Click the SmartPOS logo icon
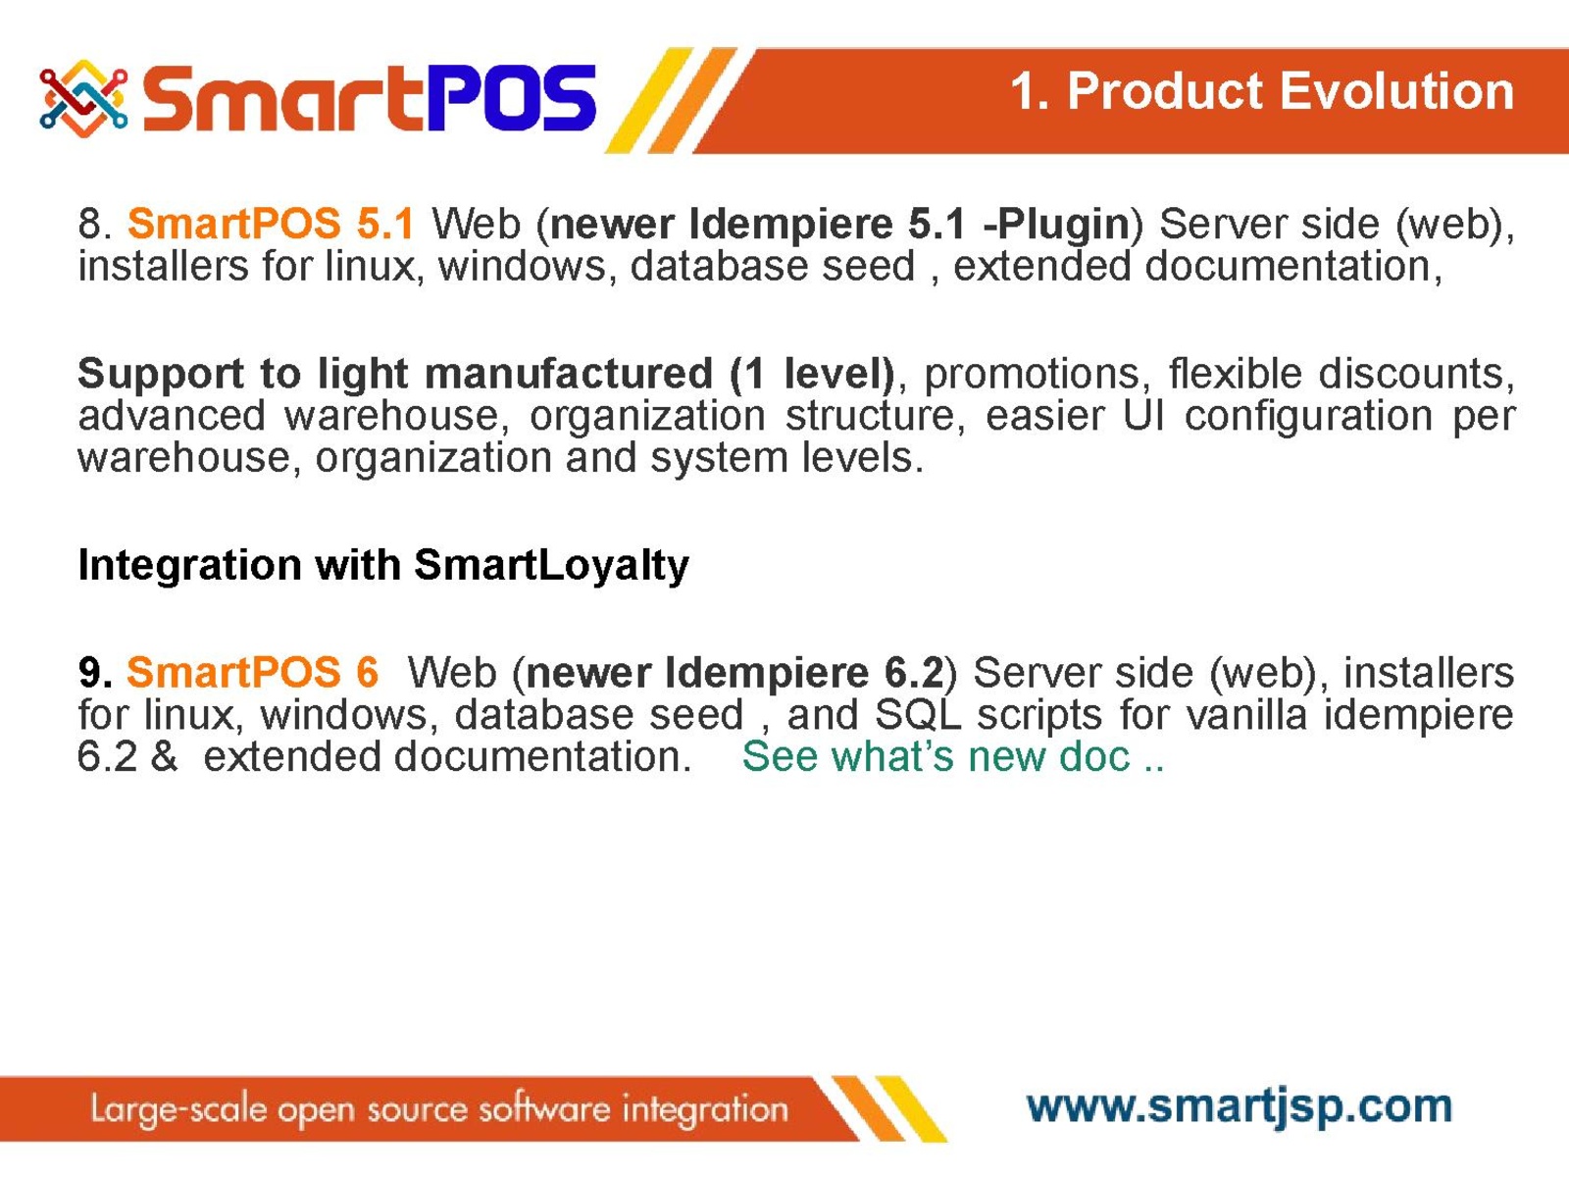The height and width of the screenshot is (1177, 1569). (83, 99)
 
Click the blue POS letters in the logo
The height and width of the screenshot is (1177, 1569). (511, 98)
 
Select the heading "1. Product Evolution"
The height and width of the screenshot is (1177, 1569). (1262, 91)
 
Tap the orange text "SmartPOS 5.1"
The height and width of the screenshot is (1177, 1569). (271, 223)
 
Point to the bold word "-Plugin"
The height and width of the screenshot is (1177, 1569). (1056, 225)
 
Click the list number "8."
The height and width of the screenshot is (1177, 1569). (96, 224)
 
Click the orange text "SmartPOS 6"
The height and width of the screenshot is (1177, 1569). (252, 673)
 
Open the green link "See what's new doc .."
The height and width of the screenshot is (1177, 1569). (953, 756)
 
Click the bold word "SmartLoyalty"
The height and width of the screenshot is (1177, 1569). (552, 566)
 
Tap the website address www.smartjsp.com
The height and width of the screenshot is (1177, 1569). (1240, 1106)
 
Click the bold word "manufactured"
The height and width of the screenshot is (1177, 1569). (569, 373)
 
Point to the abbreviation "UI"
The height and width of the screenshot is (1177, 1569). (1143, 415)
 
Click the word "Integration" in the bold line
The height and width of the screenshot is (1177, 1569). (189, 566)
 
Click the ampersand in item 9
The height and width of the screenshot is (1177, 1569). (164, 756)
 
